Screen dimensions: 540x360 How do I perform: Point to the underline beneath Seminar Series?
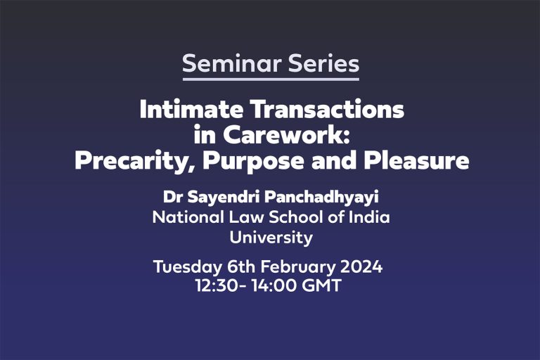[x=271, y=79]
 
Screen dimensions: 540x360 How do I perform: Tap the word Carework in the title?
[x=287, y=135]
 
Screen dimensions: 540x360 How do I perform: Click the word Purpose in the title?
[x=253, y=161]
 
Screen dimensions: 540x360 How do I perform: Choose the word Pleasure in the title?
[x=416, y=161]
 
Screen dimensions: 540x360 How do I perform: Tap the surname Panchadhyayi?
[x=321, y=198]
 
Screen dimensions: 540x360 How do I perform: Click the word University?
[x=271, y=238]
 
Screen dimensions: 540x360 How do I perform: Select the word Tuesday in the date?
[x=187, y=267]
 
